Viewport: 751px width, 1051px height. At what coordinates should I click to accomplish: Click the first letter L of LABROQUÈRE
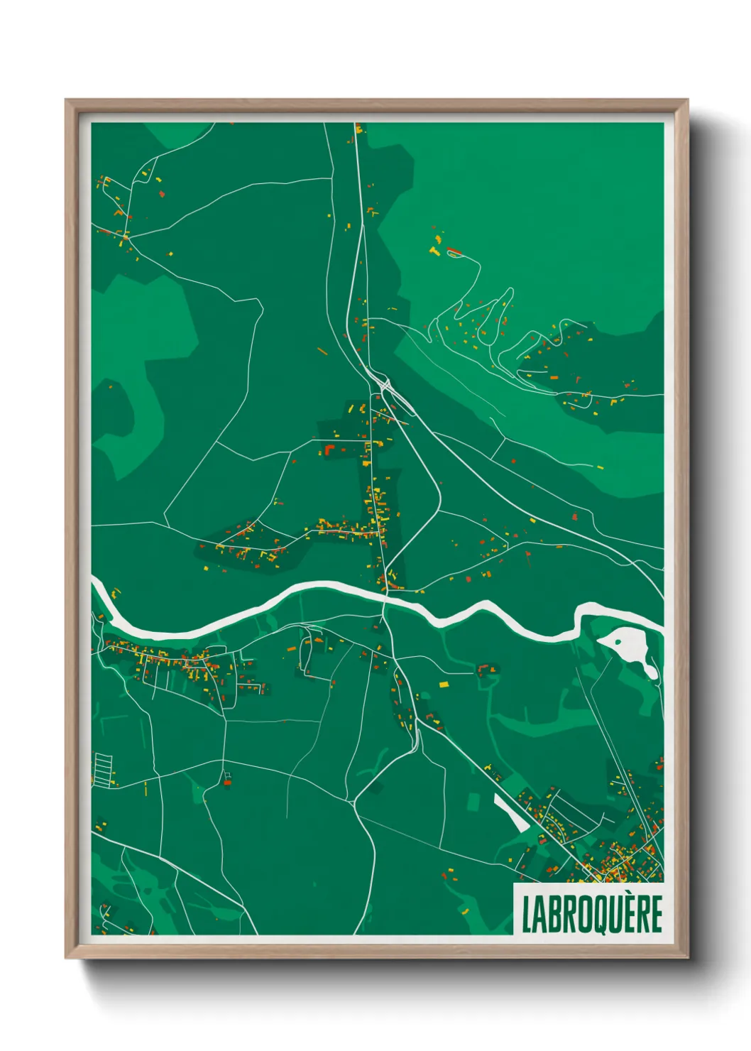[x=527, y=915]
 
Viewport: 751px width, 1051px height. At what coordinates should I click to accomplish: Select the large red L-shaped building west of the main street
[x=329, y=450]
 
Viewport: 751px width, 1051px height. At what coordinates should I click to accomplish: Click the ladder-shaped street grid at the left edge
[x=104, y=770]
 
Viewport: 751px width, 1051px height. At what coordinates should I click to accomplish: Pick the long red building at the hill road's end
[x=454, y=250]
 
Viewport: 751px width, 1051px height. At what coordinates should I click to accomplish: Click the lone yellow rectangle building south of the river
[x=444, y=685]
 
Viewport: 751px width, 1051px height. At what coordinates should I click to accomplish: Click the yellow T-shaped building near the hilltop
[x=434, y=251]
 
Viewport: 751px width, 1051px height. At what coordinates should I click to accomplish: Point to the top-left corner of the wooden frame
[x=66, y=100]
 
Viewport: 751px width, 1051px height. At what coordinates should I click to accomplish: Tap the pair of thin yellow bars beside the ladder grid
[x=146, y=788]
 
